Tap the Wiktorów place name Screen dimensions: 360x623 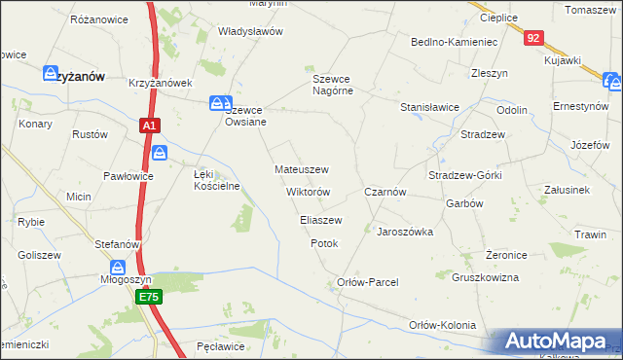[x=308, y=192]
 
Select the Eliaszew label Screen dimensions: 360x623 [x=320, y=221]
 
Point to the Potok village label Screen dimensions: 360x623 [x=324, y=243]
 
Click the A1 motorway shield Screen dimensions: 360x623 [x=148, y=126]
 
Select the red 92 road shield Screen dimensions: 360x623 [x=532, y=38]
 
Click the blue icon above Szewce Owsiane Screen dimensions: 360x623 [x=221, y=102]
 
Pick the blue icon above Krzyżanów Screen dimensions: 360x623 [x=53, y=72]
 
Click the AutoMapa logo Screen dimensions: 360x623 [x=555, y=341]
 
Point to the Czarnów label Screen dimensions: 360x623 [x=385, y=193]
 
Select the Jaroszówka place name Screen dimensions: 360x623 [x=404, y=233]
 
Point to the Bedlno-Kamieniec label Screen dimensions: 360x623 [x=455, y=43]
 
